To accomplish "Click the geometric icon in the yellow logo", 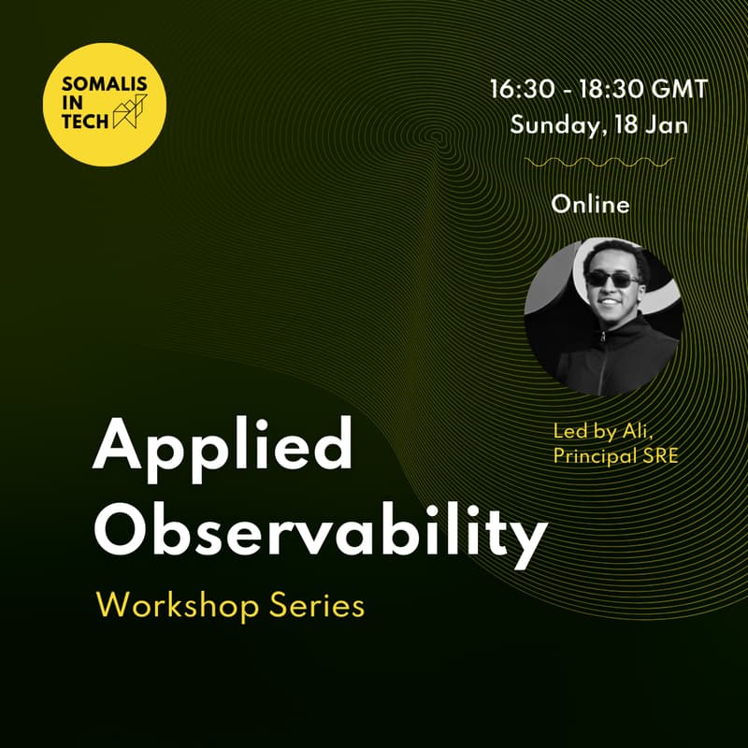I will pos(128,113).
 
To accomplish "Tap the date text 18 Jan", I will pos(650,125).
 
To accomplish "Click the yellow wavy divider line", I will pos(599,163).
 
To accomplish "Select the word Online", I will pos(590,204).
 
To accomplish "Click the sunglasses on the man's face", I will pos(611,279).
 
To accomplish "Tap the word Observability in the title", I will pos(320,531).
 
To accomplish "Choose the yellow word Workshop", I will pos(176,605).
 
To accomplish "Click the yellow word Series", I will pos(315,605).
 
